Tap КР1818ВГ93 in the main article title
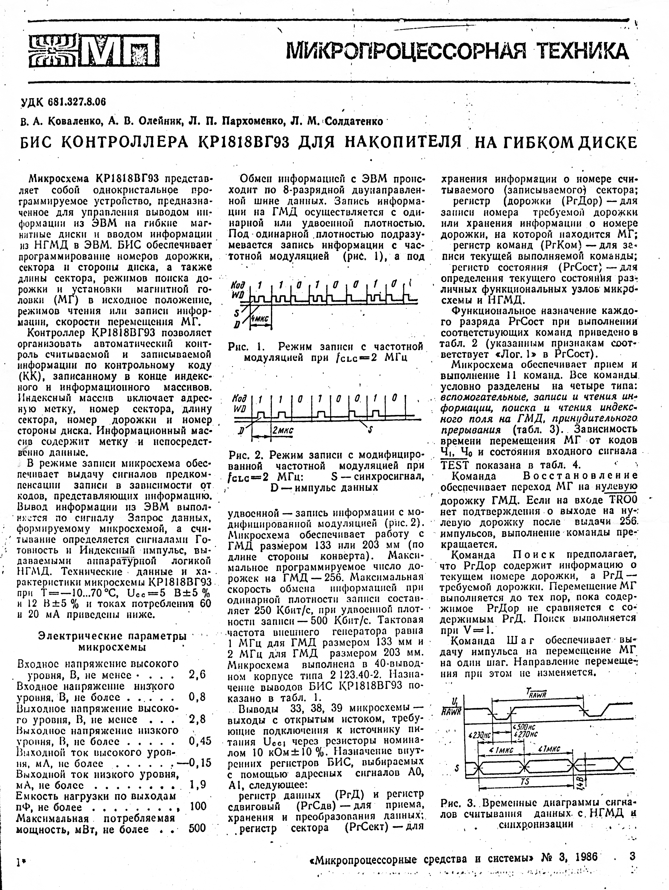tap(240, 142)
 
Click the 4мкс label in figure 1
tap(260, 318)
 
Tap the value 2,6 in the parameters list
tap(197, 674)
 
